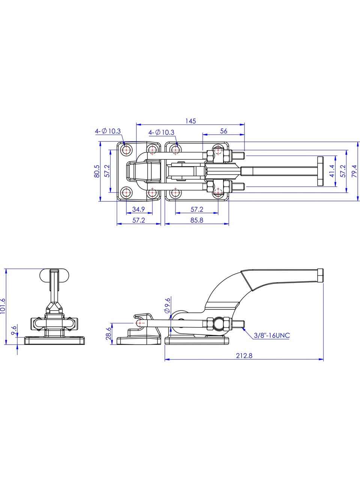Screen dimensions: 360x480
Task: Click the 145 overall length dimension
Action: tap(190, 121)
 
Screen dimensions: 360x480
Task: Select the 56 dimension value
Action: tap(223, 131)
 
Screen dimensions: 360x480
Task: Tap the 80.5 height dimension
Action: tap(97, 171)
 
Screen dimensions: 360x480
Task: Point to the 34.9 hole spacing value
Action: tap(139, 209)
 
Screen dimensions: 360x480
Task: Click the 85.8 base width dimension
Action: tap(197, 220)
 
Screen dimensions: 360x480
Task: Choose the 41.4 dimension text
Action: tap(332, 171)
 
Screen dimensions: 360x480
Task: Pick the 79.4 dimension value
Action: tap(354, 171)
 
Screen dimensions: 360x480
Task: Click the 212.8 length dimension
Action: tap(244, 356)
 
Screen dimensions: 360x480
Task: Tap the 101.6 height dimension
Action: tap(3, 306)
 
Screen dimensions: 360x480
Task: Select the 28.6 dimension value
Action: tap(108, 334)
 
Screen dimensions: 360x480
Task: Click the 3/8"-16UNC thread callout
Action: tap(272, 341)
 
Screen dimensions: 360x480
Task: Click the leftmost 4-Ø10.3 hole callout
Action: tap(108, 131)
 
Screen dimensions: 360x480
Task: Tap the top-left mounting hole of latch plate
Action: tap(126, 150)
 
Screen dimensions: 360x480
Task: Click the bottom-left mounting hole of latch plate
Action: tap(126, 193)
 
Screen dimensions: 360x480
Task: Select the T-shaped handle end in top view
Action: tap(321, 171)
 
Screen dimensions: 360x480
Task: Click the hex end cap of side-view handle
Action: tap(321, 275)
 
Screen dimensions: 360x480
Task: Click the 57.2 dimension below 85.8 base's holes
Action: tap(197, 209)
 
